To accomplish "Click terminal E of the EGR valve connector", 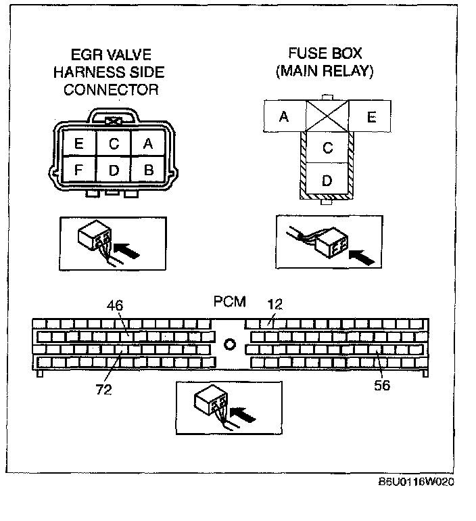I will [79, 143].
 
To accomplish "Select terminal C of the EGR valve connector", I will [114, 143].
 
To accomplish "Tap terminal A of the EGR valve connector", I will [148, 143].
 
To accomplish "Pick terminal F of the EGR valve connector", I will [79, 170].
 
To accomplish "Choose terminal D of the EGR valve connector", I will [114, 170].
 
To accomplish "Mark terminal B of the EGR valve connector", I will [148, 170].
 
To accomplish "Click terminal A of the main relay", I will [284, 116].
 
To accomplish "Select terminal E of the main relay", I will [371, 116].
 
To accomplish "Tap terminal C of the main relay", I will [327, 148].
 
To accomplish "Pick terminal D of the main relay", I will [327, 181].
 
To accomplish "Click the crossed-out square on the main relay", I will [327, 116].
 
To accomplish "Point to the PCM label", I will [230, 300].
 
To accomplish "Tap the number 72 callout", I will [103, 390].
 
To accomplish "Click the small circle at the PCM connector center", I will [229, 344].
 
